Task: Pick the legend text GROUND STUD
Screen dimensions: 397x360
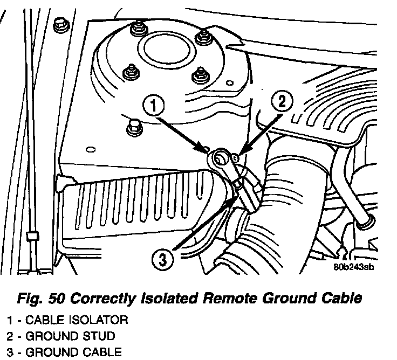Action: click(70, 337)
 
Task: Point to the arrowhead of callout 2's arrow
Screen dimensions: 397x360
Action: click(239, 155)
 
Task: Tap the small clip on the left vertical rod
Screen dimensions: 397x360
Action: click(32, 236)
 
